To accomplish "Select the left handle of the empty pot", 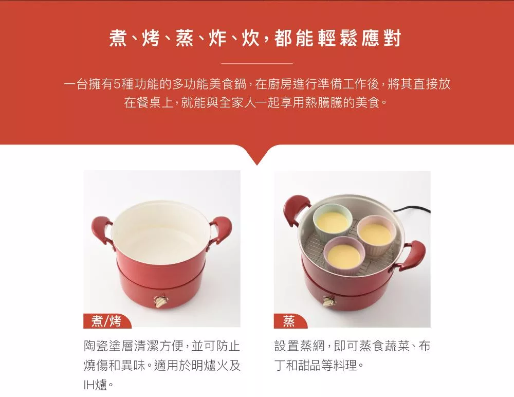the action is coord(102,230).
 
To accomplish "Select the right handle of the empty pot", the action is coord(221,229).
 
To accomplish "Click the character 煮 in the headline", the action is coord(119,38).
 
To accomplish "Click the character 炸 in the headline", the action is coord(217,38).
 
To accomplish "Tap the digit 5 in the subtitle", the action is coord(117,84).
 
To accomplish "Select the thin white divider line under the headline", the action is coord(257,64).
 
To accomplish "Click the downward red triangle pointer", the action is coord(257,155).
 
